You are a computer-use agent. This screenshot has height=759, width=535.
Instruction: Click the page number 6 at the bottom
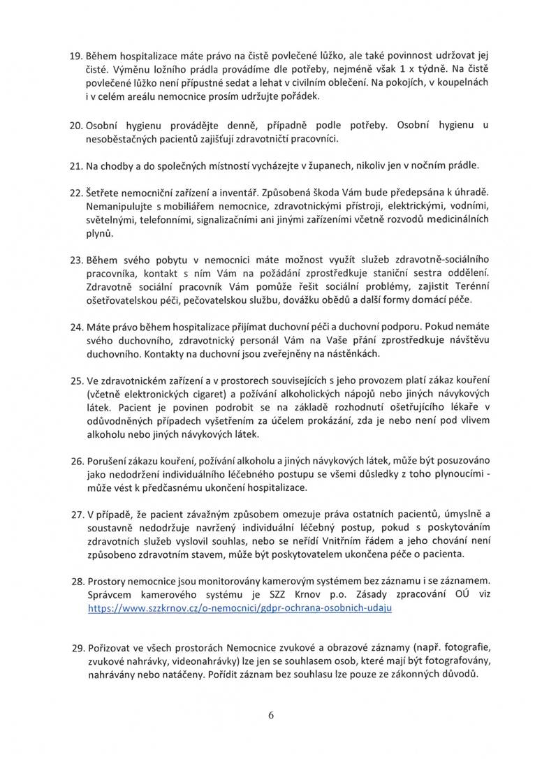[x=267, y=715]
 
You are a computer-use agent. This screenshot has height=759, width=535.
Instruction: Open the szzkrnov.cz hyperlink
[x=238, y=608]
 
